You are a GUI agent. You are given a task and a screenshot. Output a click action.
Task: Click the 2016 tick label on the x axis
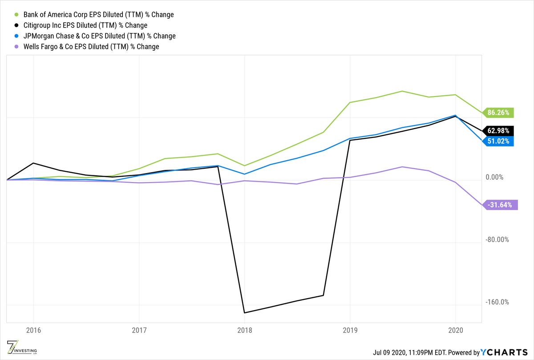point(33,331)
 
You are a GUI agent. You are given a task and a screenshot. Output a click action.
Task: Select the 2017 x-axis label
point(139,331)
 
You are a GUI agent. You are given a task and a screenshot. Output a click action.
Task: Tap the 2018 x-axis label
point(244,331)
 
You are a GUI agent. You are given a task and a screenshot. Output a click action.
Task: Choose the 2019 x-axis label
point(350,331)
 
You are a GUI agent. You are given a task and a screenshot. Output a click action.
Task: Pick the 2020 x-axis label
point(455,331)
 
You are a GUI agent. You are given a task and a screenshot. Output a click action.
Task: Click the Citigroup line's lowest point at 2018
point(244,312)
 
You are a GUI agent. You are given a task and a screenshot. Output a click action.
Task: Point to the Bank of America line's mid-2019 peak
point(402,91)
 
